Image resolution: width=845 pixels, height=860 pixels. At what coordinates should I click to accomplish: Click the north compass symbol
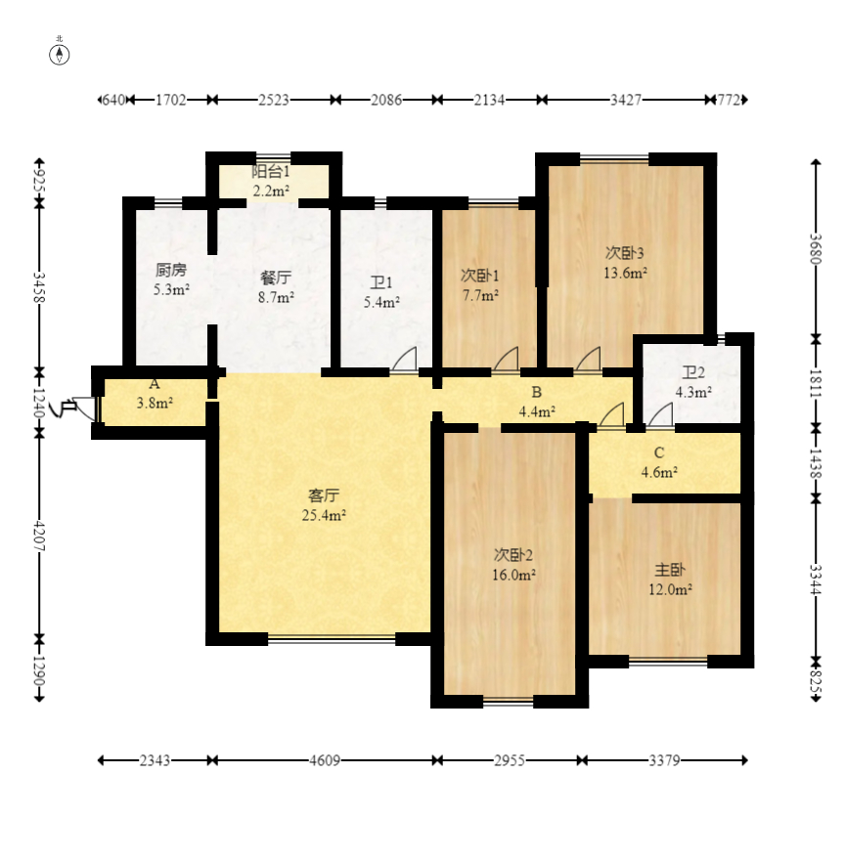(x=60, y=55)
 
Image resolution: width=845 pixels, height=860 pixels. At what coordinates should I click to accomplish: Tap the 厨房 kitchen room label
(x=171, y=270)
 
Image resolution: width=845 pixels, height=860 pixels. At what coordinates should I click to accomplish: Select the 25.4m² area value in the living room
(x=324, y=515)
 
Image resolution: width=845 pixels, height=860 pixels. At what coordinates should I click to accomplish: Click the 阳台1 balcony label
(x=271, y=172)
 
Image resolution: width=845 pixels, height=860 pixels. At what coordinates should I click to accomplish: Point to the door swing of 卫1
(x=404, y=360)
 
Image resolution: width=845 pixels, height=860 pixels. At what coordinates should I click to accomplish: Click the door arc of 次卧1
(x=506, y=360)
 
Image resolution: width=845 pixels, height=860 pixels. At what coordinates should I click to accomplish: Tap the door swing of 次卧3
(x=588, y=360)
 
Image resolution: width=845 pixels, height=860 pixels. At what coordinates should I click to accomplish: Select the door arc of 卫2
(x=660, y=414)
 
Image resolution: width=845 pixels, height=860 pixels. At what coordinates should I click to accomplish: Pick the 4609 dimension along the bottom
(x=325, y=760)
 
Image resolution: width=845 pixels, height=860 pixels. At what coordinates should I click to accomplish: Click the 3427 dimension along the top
(x=626, y=100)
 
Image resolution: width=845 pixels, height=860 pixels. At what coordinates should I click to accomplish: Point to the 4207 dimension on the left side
(x=39, y=536)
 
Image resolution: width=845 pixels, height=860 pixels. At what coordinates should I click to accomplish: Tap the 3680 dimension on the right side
(x=816, y=249)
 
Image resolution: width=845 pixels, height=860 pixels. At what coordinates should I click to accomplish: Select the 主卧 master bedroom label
(x=670, y=570)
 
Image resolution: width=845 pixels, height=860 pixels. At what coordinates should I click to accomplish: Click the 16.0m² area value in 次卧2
(x=513, y=575)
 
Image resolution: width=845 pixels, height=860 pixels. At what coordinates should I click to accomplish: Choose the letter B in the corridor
(x=537, y=392)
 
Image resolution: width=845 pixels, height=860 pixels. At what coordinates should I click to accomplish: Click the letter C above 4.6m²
(x=659, y=453)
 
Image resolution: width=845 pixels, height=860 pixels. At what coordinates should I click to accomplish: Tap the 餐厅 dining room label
(x=276, y=278)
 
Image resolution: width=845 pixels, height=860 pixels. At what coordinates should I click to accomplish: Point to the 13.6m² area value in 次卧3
(x=625, y=273)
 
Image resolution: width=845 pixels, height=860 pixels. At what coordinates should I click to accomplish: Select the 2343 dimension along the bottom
(x=155, y=760)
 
